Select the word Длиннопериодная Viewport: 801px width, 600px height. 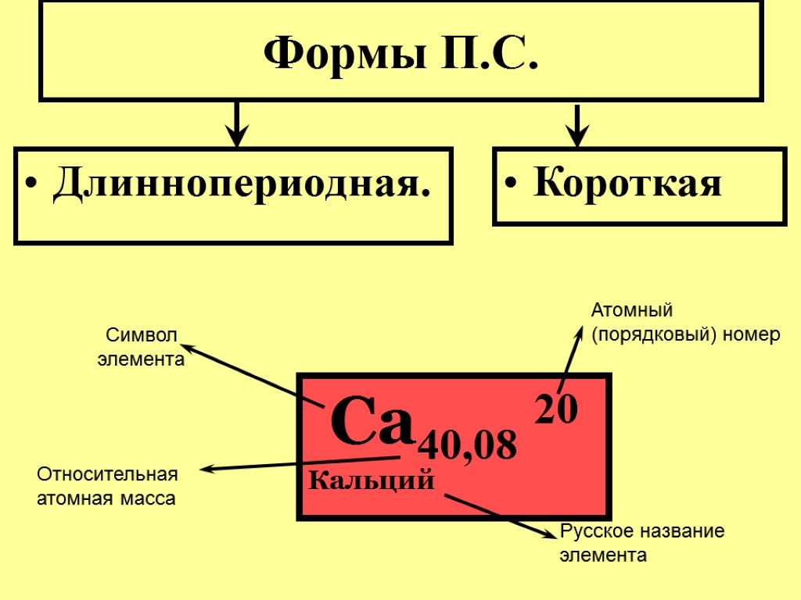click(242, 185)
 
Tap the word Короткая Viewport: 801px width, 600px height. click(627, 185)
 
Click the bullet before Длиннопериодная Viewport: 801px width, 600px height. click(31, 187)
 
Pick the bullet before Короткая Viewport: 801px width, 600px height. click(511, 187)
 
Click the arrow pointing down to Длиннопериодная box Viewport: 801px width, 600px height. click(236, 125)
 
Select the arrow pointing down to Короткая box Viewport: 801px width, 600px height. click(577, 125)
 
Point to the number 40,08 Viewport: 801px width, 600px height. click(468, 445)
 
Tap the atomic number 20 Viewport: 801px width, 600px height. click(555, 409)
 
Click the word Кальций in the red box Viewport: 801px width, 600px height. click(372, 480)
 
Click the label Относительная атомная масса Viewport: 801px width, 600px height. click(107, 486)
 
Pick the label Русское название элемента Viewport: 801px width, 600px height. click(641, 543)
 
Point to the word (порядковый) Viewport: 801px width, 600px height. click(645, 335)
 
